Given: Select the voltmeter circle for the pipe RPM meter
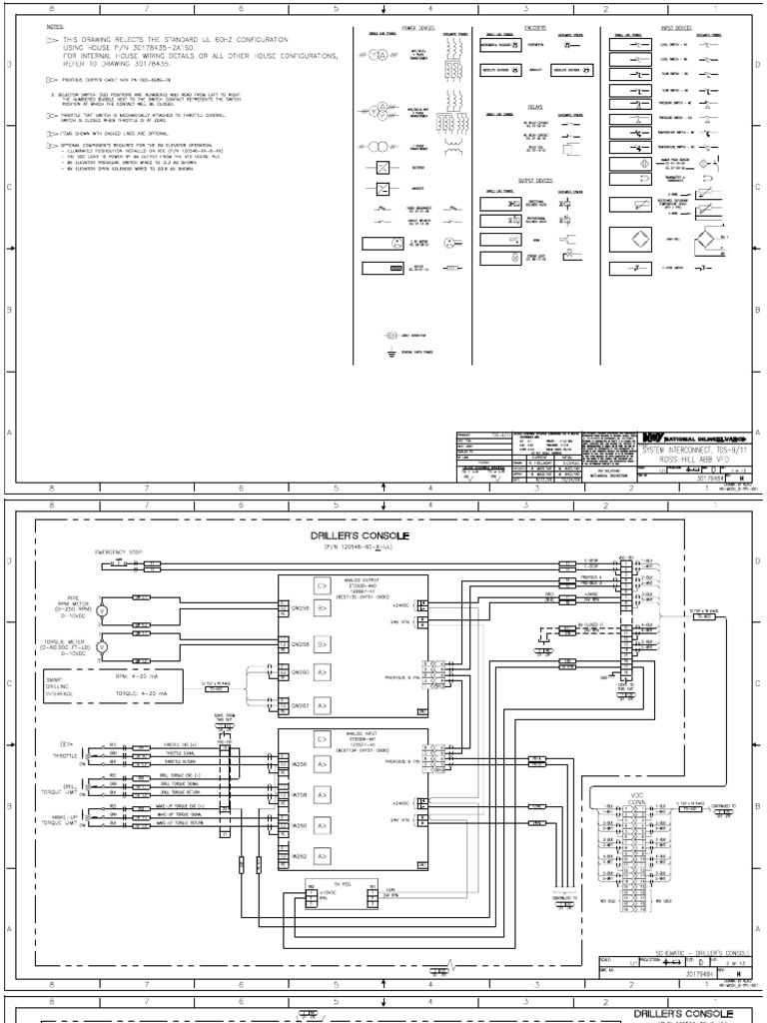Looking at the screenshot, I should tap(101, 607).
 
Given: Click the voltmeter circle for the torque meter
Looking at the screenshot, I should tap(101, 646).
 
